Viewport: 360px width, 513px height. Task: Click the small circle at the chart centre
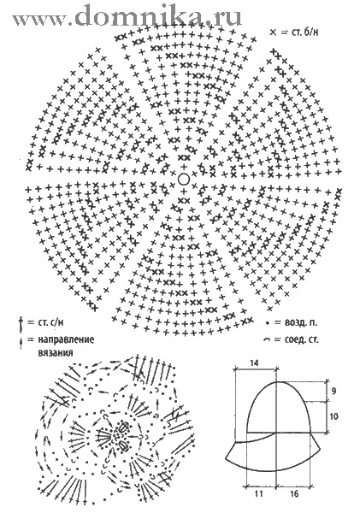[x=184, y=179]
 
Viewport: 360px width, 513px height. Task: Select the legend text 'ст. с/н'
[x=50, y=322]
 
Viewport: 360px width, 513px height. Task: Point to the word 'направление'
[x=66, y=339]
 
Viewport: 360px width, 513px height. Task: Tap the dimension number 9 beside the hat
[x=333, y=391]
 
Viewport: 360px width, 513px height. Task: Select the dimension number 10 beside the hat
[x=334, y=416]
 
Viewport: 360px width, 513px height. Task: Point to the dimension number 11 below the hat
[x=258, y=493]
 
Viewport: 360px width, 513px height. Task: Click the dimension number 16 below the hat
[x=294, y=493]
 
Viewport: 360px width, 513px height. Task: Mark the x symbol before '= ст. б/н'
[x=273, y=32]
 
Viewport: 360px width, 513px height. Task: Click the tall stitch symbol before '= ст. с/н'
[x=21, y=323]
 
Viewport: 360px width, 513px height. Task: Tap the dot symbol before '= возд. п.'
[x=268, y=323]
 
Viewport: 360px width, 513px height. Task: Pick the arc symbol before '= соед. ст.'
[x=268, y=340]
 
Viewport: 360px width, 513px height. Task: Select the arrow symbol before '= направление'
[x=21, y=344]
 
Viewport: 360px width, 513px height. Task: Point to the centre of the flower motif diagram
[x=117, y=435]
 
